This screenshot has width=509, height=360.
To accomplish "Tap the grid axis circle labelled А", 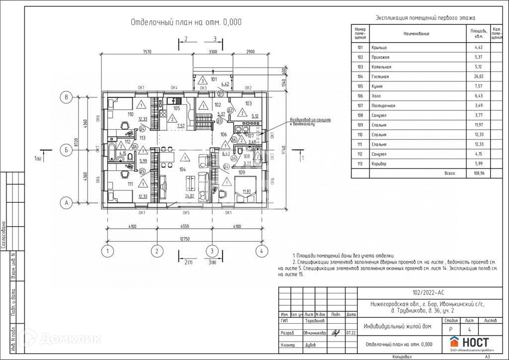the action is tap(66, 202).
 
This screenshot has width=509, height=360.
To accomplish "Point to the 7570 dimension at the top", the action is tap(147, 52).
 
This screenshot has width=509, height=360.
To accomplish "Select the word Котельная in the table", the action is tap(381, 67).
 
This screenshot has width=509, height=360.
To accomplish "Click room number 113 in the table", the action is tap(360, 164).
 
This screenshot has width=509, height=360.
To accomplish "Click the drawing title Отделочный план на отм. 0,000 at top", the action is tap(186, 22).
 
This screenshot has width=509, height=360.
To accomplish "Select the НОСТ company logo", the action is tap(469, 343).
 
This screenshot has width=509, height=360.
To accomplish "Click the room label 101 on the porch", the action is tap(214, 79).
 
